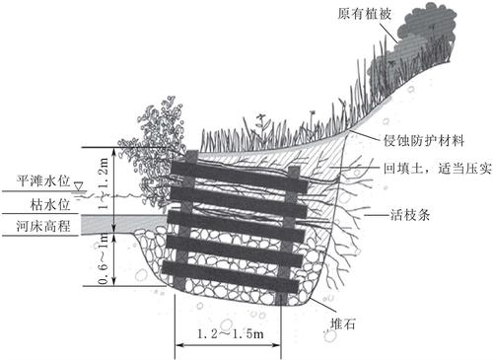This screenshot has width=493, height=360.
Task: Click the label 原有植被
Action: [x=365, y=14]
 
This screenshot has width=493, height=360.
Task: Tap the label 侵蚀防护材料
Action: [x=424, y=141]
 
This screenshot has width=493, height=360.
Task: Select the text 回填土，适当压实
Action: [x=438, y=169]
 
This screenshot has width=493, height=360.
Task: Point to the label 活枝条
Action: [x=410, y=215]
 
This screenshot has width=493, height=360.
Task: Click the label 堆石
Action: [x=342, y=324]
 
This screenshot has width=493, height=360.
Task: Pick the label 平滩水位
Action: [x=43, y=180]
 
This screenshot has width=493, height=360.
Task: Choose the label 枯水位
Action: [x=50, y=204]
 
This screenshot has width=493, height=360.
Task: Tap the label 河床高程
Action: [x=43, y=226]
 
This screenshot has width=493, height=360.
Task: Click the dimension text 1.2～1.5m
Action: [x=231, y=334]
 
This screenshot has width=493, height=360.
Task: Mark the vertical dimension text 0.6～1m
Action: [x=104, y=258]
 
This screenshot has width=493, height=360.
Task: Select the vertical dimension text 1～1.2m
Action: [x=104, y=183]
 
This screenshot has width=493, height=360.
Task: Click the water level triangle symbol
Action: [x=78, y=186]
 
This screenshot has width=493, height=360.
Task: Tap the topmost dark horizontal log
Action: [x=240, y=176]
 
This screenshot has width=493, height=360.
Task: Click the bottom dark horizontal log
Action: [x=231, y=276]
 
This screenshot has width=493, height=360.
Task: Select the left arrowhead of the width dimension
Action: [x=178, y=345]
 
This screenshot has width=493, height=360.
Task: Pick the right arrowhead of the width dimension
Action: [x=277, y=345]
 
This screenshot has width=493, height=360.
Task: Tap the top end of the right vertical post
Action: [x=294, y=169]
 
